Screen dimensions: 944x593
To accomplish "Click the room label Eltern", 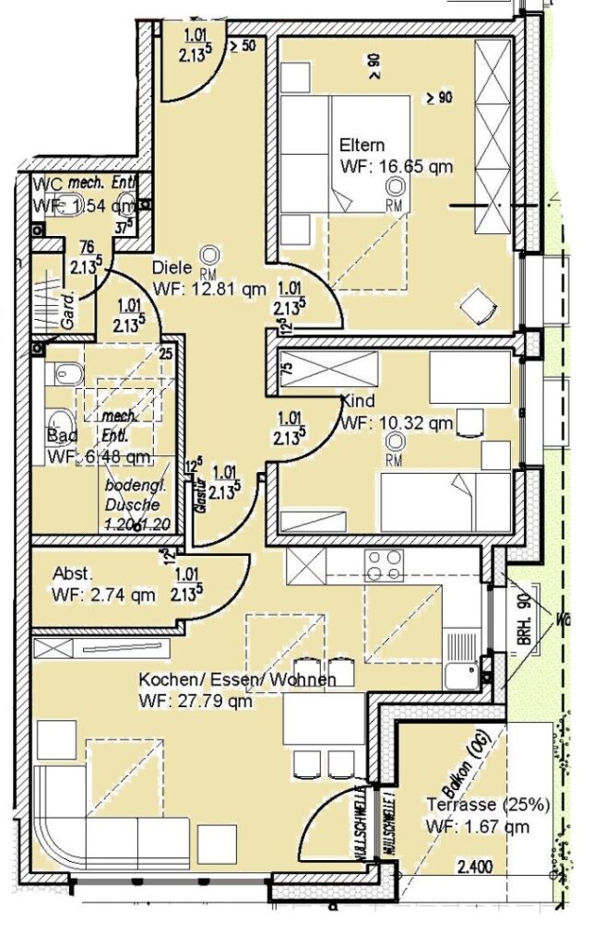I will pos(362,146).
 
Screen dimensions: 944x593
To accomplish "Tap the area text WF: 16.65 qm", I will pos(396,167).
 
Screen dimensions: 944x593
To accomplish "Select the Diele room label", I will pos(172,267).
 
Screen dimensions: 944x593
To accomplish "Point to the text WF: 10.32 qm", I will pos(396,424).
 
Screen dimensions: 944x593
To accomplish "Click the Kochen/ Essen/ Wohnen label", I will pos(237,680).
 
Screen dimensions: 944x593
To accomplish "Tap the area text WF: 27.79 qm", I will pos(196,702).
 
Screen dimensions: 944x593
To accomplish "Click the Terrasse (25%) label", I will pos(488,805).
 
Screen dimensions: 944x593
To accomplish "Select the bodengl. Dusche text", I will pos(132,496).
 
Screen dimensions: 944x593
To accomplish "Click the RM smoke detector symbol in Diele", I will pos(210,255).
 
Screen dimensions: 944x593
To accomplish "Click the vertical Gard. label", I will pos(67,311).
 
